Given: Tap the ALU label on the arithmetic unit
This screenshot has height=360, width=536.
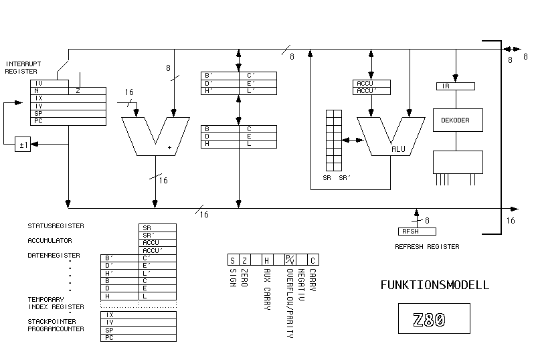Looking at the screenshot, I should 398,149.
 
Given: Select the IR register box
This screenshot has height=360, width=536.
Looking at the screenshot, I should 455,86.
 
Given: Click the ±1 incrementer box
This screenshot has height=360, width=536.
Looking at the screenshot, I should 23,144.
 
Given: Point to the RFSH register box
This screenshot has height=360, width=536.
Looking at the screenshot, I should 416,232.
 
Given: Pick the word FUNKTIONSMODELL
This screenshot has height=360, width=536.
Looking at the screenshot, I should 434,285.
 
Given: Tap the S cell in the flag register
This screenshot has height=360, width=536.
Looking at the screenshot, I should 232,260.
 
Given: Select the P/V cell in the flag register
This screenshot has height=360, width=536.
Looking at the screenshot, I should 290,260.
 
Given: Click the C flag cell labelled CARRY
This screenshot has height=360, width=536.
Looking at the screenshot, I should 312,260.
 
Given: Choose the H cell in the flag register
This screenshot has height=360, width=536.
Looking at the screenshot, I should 266,260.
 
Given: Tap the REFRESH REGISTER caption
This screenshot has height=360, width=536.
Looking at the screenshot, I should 428,247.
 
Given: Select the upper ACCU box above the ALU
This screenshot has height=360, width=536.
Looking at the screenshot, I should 373,84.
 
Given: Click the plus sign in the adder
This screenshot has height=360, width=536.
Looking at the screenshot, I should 169,145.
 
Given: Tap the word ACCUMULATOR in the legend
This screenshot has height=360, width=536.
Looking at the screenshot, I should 50,241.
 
